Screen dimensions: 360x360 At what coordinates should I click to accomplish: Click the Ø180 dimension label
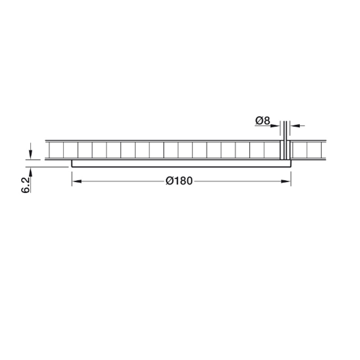(179, 181)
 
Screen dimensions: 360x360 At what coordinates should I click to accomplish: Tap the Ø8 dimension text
(263, 121)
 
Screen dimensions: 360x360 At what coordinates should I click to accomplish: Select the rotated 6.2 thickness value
(26, 185)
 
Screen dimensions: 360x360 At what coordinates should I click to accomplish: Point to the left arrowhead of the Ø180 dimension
(76, 181)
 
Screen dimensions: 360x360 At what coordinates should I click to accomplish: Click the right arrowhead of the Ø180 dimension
(286, 181)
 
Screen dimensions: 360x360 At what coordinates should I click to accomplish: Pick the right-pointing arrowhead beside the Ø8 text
(275, 126)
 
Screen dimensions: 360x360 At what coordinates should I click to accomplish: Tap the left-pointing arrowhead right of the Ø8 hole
(295, 126)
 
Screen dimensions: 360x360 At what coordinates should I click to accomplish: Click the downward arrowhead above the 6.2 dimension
(31, 154)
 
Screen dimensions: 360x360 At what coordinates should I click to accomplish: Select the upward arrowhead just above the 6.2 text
(31, 172)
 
